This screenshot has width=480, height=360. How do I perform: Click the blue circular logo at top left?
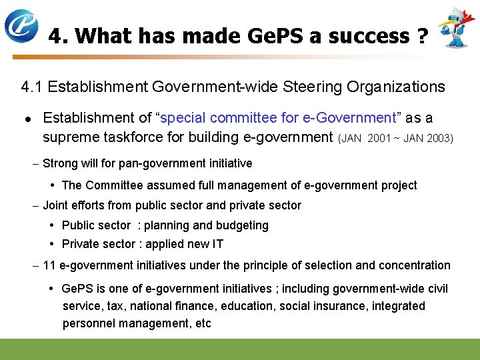pyautogui.click(x=21, y=25)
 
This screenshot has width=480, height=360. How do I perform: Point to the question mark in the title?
pyautogui.click(x=421, y=36)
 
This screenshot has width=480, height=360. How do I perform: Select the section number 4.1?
pyautogui.click(x=33, y=87)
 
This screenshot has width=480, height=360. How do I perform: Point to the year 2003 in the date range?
pyautogui.click(x=440, y=139)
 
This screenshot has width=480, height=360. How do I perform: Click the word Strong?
pyautogui.click(x=60, y=163)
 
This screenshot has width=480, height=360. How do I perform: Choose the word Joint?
pyautogui.click(x=56, y=205)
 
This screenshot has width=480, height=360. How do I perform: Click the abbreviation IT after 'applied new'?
pyautogui.click(x=217, y=244)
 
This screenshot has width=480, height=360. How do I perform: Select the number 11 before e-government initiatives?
pyautogui.click(x=49, y=265)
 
